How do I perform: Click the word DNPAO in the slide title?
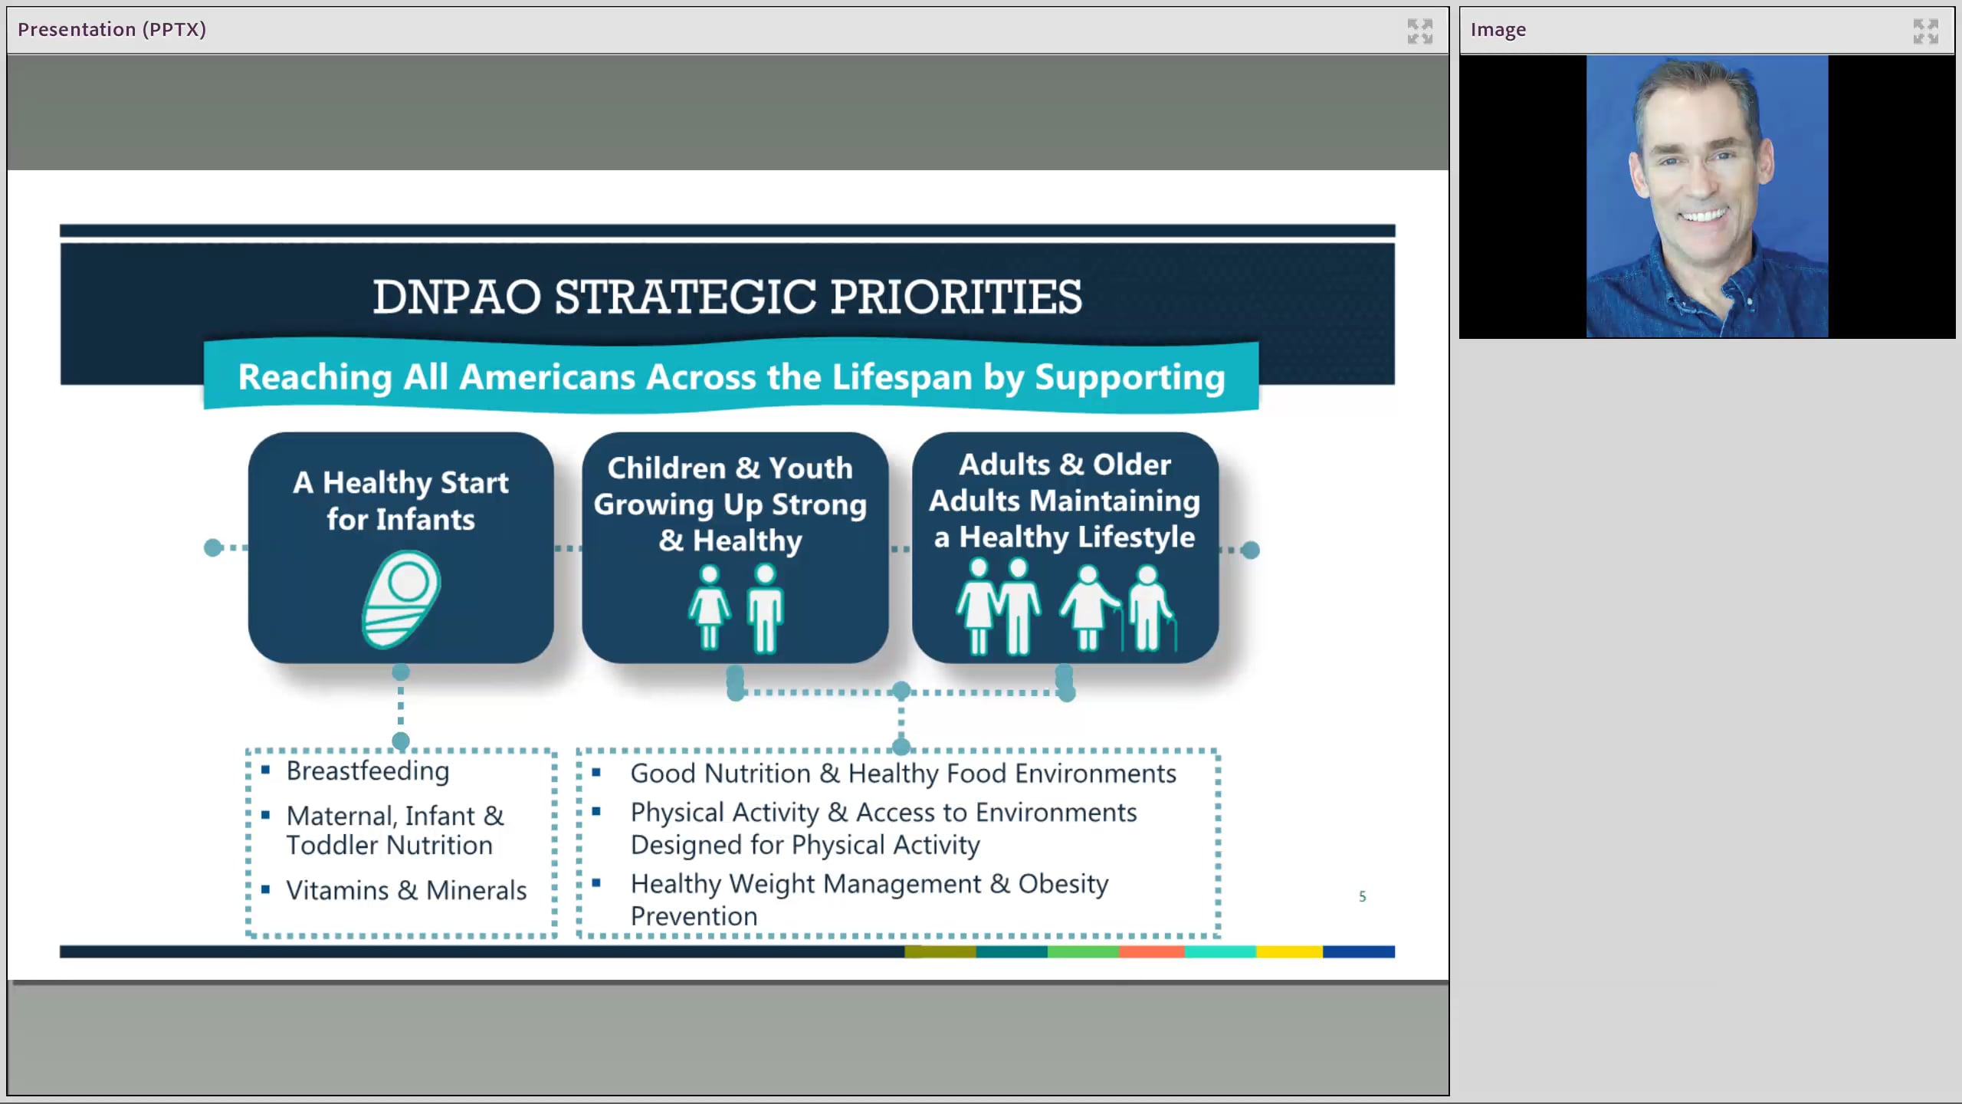click(457, 297)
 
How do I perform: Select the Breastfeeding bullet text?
click(368, 770)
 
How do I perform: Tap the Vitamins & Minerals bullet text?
click(406, 890)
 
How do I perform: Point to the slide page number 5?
click(1362, 896)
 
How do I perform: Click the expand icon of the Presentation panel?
click(1419, 31)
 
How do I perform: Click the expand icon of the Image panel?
click(1925, 31)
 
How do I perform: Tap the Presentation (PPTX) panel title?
click(112, 29)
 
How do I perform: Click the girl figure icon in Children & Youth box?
click(710, 608)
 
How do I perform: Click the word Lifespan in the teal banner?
click(902, 377)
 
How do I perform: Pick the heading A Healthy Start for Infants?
click(401, 501)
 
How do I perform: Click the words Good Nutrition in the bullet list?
click(720, 774)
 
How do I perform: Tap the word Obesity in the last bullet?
click(1062, 884)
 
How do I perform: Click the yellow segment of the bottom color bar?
click(1289, 951)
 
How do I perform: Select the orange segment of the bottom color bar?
click(1151, 951)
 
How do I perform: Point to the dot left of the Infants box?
click(213, 547)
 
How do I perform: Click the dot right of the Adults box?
click(1250, 550)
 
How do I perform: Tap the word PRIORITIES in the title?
click(956, 297)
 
